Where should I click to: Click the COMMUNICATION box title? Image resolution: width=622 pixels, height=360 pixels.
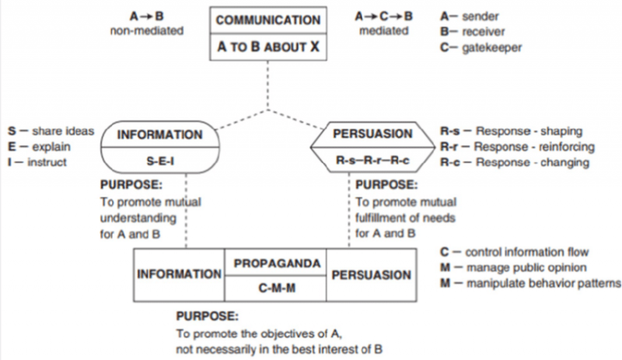tap(267, 20)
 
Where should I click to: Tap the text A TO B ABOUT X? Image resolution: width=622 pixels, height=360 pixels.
tap(267, 47)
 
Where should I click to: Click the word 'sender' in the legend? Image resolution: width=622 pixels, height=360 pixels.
tap(480, 15)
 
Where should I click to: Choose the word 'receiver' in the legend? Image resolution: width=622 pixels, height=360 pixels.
tap(484, 31)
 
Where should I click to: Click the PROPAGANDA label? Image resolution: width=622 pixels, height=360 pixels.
tap(277, 264)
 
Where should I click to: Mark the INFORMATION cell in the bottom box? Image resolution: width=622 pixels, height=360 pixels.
tap(179, 274)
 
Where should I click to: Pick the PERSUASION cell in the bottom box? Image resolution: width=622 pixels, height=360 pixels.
tap(370, 274)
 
